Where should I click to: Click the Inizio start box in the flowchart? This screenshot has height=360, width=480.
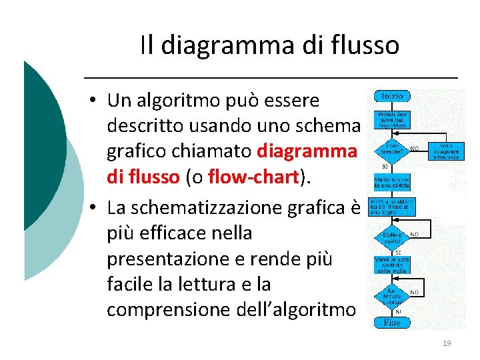pos(393,97)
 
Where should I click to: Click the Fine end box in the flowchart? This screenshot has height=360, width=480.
pos(392,323)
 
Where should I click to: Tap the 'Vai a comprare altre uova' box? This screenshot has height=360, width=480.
pos(447,150)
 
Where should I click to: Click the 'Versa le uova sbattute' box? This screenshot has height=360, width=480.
pos(392,265)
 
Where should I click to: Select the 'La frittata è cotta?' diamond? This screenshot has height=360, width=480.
pos(392,293)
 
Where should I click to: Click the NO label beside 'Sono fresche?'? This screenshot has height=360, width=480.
pos(415,149)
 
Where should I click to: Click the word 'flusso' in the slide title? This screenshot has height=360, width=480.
pos(369,45)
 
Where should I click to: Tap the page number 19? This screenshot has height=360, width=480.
pos(447,343)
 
